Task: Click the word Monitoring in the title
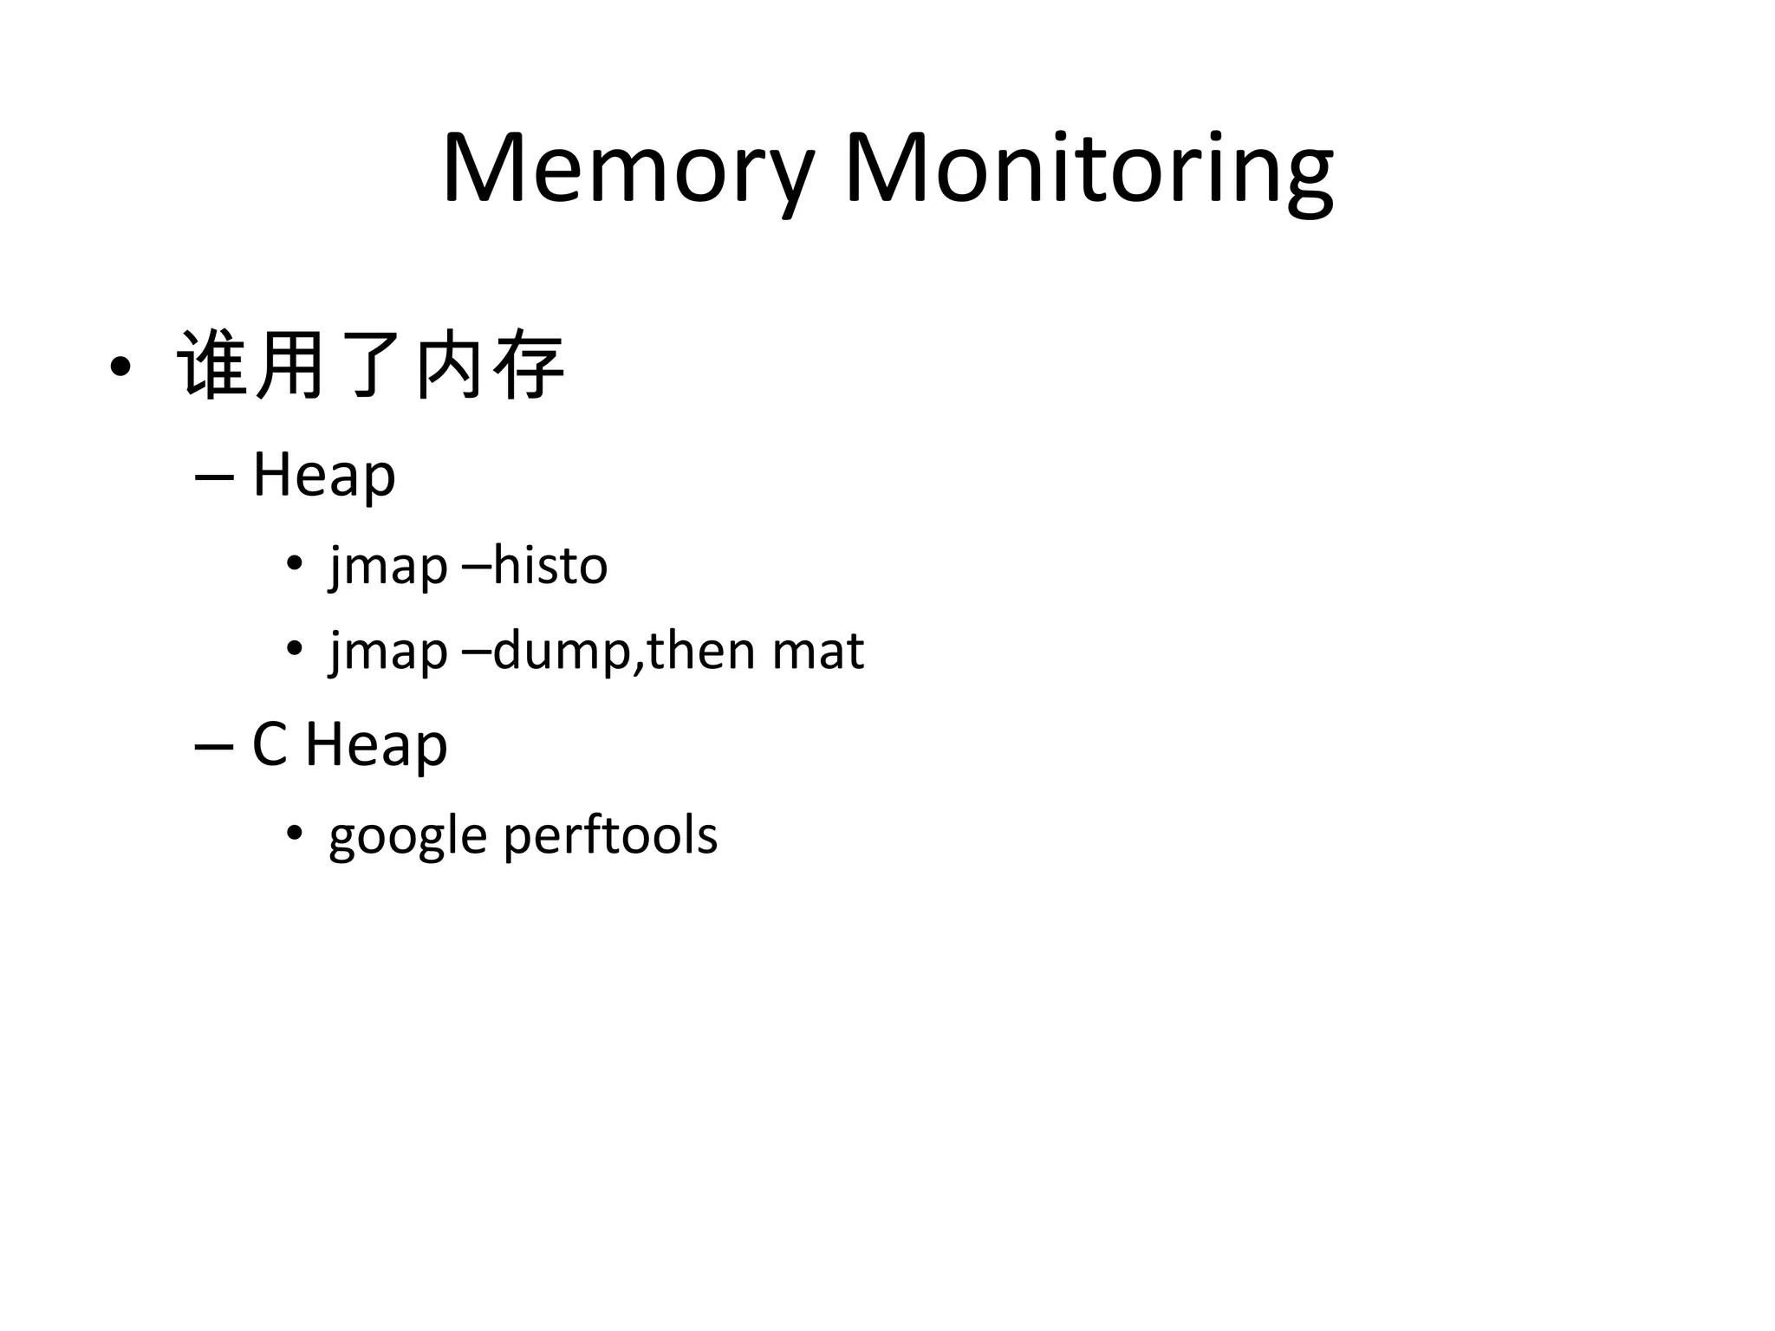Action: coord(1089,169)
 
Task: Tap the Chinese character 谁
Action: coord(211,366)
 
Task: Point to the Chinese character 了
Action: coord(371,366)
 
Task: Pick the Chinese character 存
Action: coord(529,366)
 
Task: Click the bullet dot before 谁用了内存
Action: coord(120,367)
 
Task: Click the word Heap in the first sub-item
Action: coord(324,475)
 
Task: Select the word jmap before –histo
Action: coord(388,567)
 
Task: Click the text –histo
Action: coord(536,567)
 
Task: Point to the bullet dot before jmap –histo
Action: coord(295,564)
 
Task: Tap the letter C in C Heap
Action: coord(269,744)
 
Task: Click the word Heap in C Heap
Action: coord(376,744)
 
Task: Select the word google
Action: coord(407,837)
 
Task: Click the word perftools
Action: coord(610,837)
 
